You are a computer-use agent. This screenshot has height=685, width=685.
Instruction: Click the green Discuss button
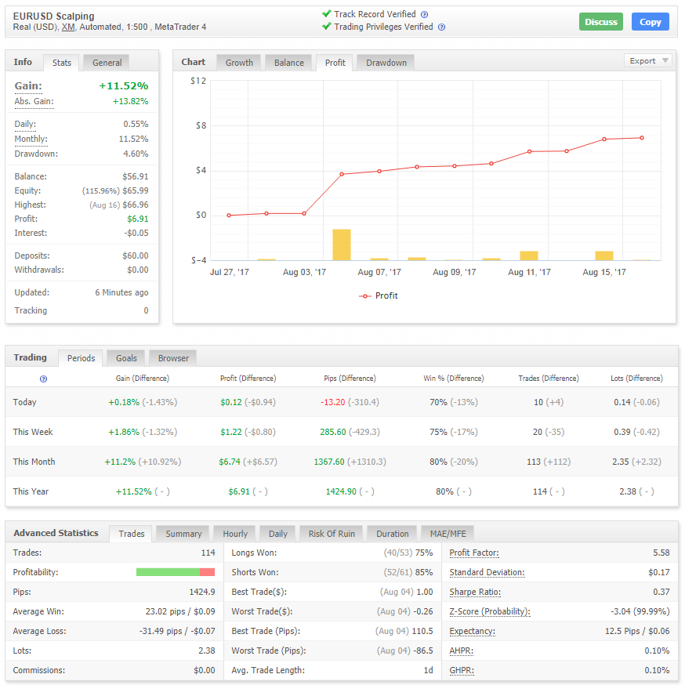(600, 22)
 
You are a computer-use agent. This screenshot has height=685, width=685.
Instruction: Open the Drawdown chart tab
(386, 63)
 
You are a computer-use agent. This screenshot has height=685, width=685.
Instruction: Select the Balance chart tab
(288, 63)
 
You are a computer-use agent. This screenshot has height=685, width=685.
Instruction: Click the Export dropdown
(647, 60)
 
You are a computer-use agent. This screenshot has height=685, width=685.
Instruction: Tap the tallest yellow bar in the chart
(342, 245)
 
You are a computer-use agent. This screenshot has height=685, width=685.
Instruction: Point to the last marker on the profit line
(642, 138)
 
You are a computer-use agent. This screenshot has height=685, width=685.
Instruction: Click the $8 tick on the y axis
(201, 126)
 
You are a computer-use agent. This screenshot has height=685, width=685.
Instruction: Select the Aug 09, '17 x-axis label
(455, 272)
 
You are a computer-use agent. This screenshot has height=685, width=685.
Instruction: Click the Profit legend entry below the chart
(379, 295)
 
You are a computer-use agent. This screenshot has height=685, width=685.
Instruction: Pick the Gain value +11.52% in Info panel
(124, 85)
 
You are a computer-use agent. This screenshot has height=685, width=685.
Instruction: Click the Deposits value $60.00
(136, 256)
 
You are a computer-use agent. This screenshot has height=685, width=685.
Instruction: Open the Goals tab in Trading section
(126, 358)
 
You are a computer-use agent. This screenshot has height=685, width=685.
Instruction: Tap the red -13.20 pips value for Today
(333, 402)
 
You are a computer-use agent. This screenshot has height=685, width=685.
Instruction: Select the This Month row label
(34, 462)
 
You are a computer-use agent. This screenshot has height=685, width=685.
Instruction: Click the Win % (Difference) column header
(454, 379)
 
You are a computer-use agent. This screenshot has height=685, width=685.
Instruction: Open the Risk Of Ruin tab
(332, 534)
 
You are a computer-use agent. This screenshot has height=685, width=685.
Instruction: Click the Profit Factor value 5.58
(661, 553)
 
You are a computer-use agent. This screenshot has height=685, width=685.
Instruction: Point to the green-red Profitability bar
(176, 572)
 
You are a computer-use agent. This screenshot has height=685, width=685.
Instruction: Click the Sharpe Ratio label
(475, 592)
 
